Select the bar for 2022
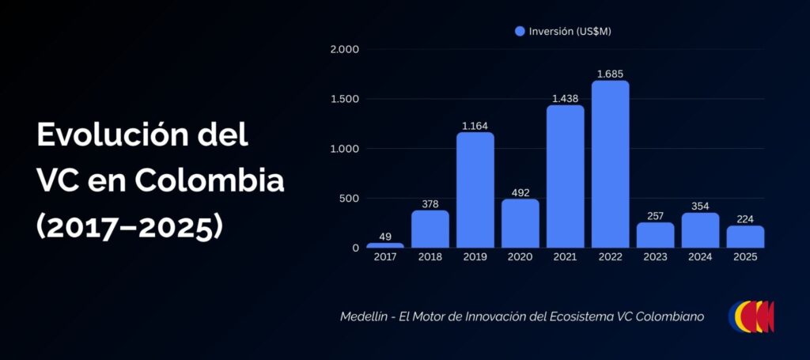[610, 165]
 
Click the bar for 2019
[475, 190]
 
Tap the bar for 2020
[520, 223]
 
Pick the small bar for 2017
[385, 245]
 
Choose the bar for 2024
[700, 230]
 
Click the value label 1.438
[565, 99]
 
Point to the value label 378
[430, 204]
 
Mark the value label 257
[655, 216]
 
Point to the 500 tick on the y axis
[349, 199]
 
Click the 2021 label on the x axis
[565, 257]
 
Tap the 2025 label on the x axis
[745, 257]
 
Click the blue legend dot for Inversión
[520, 32]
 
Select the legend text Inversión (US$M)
[570, 32]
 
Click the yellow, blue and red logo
[751, 316]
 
